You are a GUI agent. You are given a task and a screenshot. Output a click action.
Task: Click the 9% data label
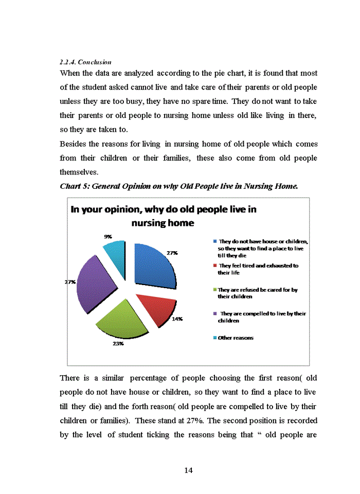pos(108,236)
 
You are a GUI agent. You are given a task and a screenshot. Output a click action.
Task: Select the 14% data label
pos(177,319)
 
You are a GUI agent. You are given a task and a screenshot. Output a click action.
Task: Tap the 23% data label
pos(118,343)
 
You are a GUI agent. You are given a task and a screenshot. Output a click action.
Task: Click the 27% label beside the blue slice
pos(172,253)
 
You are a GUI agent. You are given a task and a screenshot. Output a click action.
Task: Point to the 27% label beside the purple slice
pos(69,282)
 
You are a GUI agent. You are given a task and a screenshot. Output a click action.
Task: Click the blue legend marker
pos(214,241)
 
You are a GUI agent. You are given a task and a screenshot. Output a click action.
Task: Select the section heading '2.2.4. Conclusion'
pos(85,62)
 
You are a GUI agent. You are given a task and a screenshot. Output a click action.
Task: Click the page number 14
pos(188,470)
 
